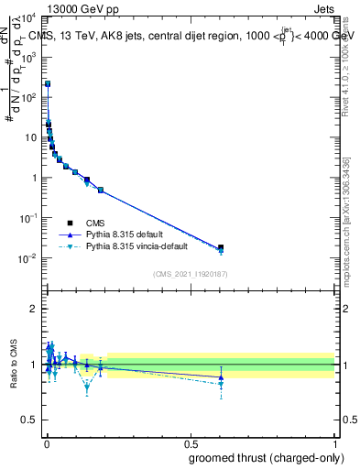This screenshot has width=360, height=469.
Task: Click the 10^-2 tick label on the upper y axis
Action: [27, 258]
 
